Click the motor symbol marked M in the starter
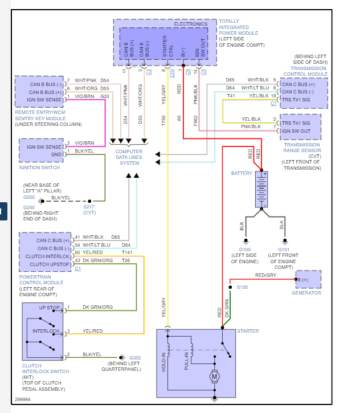coord(215,376)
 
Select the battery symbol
coord(263,189)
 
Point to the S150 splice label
coord(243,287)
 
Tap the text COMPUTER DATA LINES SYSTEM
coord(129,157)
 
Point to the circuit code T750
coord(163,120)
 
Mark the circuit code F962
coord(195,120)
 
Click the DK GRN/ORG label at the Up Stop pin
coord(97,308)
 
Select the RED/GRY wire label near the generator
coord(265,275)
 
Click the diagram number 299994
coord(24,400)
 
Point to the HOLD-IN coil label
coord(163,361)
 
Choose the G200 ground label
coord(29,197)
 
